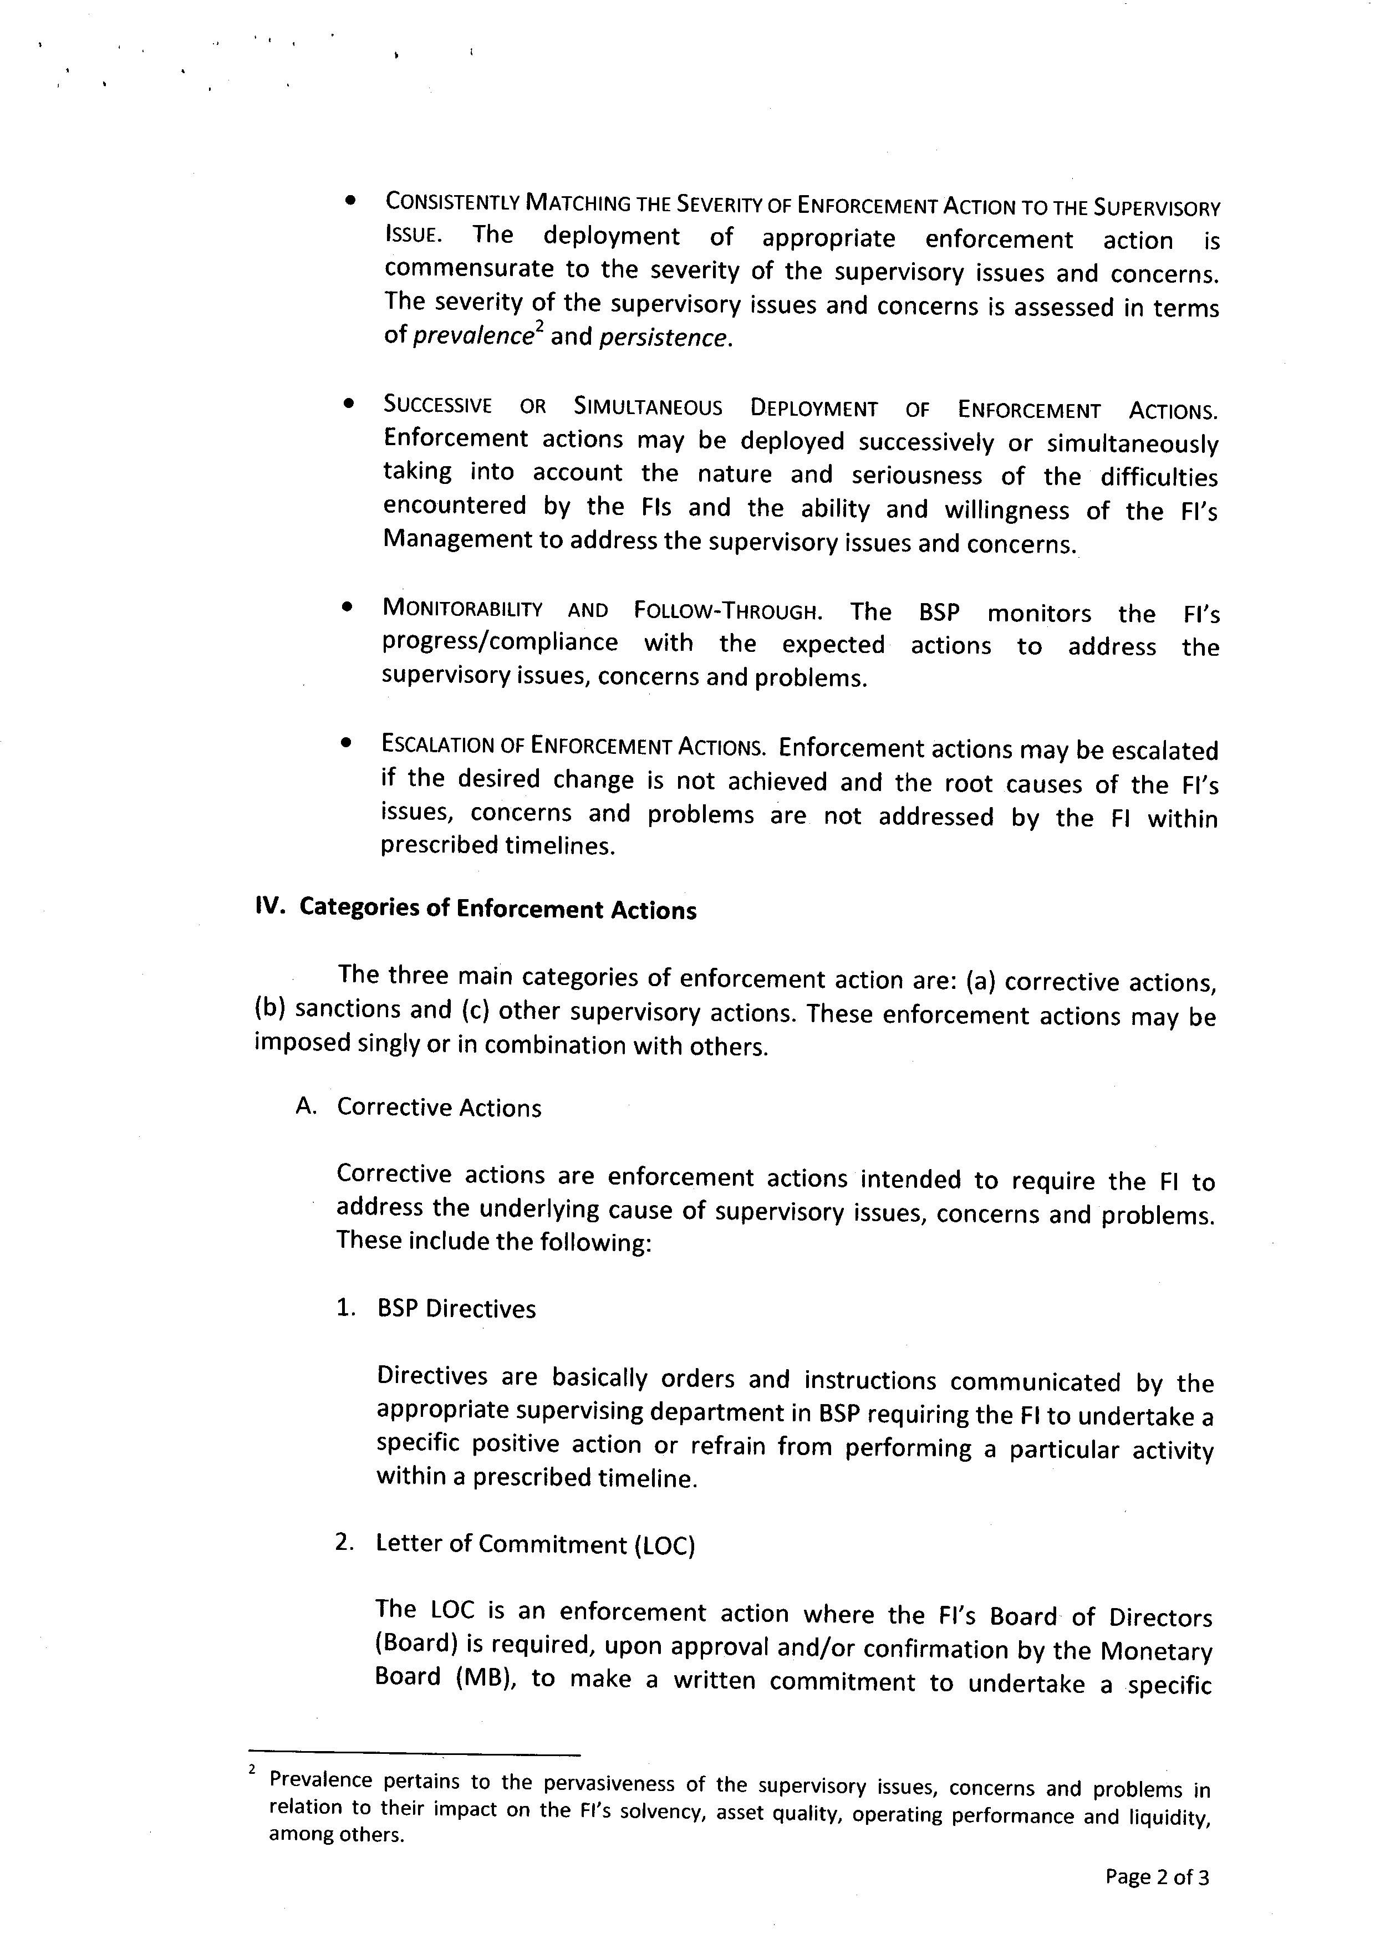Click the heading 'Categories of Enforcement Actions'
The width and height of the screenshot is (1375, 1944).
pyautogui.click(x=498, y=909)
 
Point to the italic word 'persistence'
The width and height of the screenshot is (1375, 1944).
pyautogui.click(x=663, y=338)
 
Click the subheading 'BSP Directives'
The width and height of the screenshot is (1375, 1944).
pyautogui.click(x=456, y=1309)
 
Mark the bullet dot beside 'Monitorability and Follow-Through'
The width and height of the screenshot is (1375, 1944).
pyautogui.click(x=347, y=608)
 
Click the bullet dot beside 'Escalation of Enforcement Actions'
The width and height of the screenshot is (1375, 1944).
pyautogui.click(x=345, y=743)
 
